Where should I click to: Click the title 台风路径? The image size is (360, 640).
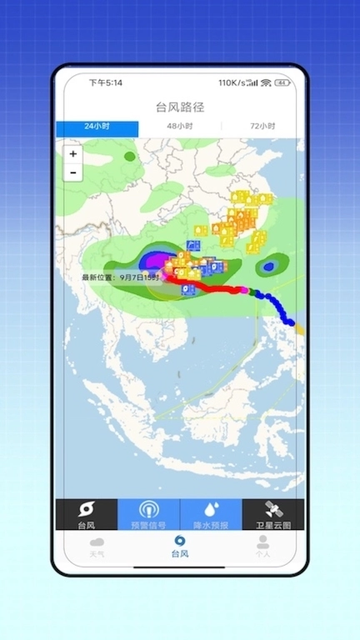180,107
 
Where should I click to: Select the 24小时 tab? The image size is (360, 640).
97,127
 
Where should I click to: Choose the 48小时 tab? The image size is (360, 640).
179,127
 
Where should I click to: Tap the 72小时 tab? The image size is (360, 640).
262,127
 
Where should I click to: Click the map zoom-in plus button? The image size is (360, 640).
73,154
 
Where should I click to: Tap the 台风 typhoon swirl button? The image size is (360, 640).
87,514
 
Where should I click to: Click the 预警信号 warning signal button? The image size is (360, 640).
148,514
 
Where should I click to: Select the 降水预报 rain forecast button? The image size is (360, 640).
211,514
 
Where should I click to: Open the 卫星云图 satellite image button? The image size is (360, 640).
273,514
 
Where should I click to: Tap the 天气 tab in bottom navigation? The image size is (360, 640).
97,547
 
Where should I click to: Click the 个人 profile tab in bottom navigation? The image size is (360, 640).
263,547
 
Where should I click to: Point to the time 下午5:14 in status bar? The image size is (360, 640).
106,82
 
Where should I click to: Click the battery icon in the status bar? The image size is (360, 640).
282,82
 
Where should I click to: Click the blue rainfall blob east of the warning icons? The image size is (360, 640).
268,267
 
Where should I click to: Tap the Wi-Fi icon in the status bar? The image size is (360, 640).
266,82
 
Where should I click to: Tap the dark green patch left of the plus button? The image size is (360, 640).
129,156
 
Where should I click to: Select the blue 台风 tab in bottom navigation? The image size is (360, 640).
180,547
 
